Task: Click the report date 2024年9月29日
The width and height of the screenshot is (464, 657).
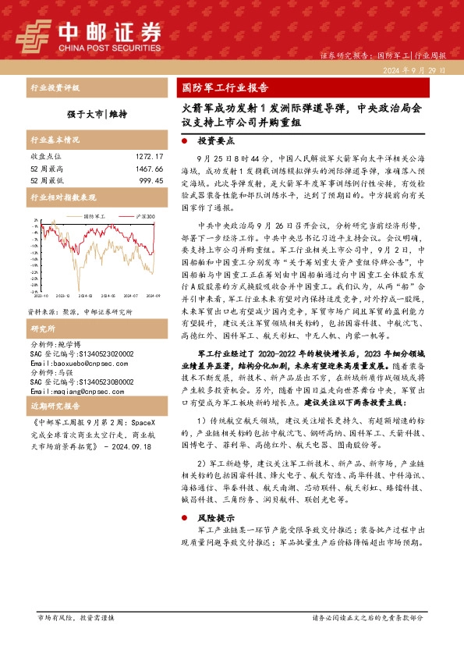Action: coord(415,70)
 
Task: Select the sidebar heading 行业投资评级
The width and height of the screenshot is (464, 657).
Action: coord(55,88)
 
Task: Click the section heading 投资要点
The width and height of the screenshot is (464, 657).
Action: coord(215,141)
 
